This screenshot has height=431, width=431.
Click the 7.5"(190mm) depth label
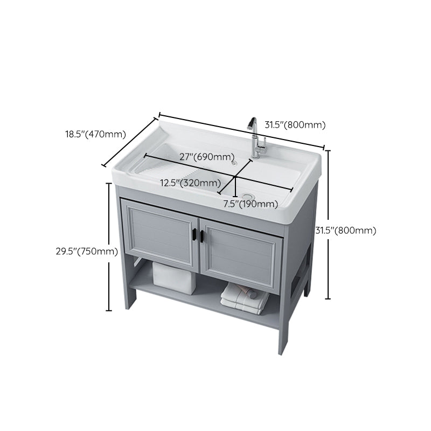251,204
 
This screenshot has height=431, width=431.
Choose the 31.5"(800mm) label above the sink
295,125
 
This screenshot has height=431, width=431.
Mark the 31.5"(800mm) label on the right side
345,230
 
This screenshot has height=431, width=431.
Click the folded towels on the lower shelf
245,297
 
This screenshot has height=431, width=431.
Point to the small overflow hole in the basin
233,161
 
